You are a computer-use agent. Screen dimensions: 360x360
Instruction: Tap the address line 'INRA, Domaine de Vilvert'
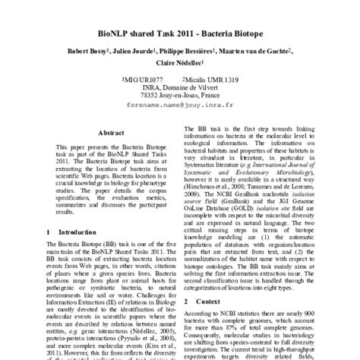pyautogui.click(x=179, y=88)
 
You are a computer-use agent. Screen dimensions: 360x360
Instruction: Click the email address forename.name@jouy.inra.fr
pyautogui.click(x=180, y=108)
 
